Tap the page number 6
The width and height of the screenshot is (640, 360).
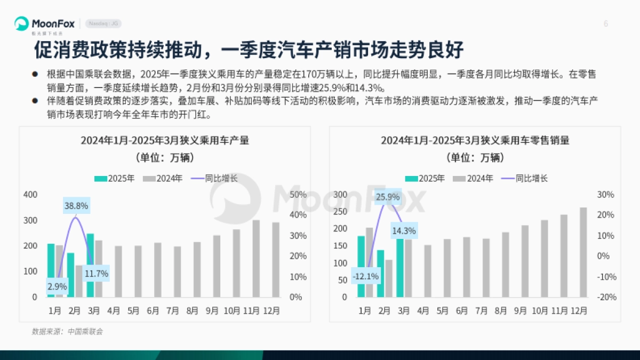[606, 23]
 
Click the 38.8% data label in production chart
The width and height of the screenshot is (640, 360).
[76, 205]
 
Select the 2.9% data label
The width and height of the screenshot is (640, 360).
[57, 286]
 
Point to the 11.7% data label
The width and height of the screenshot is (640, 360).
[97, 274]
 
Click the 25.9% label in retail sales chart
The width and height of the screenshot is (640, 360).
[388, 197]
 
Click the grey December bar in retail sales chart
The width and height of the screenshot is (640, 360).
[583, 252]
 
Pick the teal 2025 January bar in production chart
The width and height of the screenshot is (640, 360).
[51, 270]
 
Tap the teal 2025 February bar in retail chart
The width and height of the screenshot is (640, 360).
[380, 273]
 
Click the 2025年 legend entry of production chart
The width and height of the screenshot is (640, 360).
[115, 179]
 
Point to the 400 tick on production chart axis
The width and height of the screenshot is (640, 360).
[30, 195]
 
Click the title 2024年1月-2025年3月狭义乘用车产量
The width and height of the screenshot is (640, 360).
[165, 141]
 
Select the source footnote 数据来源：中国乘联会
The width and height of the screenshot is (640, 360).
[67, 332]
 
